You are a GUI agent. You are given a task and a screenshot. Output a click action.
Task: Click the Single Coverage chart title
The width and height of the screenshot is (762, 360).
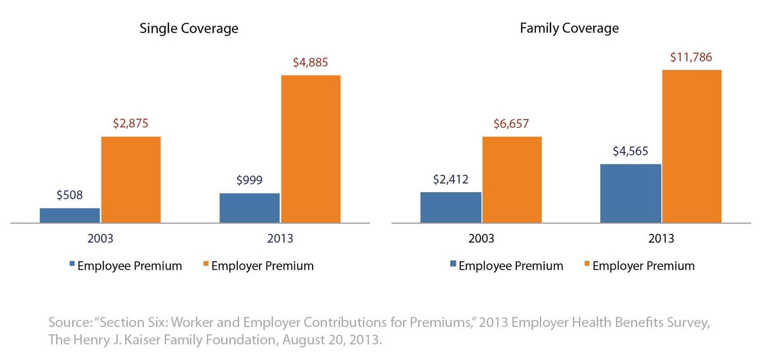point(189,28)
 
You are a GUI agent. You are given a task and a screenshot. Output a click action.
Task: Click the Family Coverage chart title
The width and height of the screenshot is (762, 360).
point(569,28)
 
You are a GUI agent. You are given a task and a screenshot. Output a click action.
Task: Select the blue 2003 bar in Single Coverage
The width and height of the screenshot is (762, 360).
point(70,215)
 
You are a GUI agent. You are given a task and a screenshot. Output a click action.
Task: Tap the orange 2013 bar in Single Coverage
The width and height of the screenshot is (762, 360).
point(310,149)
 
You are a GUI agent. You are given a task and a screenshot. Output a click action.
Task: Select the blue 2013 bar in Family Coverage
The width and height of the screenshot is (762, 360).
point(631,193)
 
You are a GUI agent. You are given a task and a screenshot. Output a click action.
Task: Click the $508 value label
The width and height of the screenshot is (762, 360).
point(70,195)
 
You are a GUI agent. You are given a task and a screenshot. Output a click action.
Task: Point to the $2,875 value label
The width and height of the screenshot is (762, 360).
point(131,124)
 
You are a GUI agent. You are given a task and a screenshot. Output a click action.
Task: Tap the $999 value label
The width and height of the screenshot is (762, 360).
point(249,180)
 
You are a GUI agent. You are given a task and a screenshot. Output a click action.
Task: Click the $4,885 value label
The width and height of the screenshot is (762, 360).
point(310,62)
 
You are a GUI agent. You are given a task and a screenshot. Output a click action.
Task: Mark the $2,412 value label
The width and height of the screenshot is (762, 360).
point(451,179)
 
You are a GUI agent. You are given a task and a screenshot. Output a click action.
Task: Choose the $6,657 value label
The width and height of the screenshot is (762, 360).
point(512,124)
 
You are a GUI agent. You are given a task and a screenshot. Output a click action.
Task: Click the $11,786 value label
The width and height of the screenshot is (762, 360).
point(691,57)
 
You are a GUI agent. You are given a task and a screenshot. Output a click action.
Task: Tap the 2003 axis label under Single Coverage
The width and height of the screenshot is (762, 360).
point(100,238)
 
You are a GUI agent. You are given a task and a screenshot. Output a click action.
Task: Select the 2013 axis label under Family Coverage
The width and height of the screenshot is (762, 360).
point(661,238)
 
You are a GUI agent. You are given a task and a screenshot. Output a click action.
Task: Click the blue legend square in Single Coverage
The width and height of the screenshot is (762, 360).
point(72,264)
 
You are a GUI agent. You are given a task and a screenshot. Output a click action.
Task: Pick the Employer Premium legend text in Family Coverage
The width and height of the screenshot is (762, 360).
point(643,266)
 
